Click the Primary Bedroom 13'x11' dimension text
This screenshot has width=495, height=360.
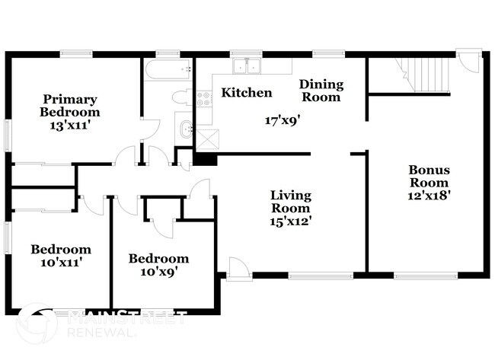point(70,126)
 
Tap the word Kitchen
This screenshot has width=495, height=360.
point(247,92)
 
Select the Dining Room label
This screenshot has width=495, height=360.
point(321,91)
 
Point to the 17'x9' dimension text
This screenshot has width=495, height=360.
point(283,120)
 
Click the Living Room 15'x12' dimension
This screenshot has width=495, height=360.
point(291,221)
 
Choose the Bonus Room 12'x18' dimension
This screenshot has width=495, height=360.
point(429,196)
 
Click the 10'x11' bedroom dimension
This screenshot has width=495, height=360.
point(62,262)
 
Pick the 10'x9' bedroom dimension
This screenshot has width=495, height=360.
point(158,272)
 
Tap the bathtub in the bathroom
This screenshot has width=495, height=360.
point(168,69)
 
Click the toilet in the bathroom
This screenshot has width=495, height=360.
point(183,97)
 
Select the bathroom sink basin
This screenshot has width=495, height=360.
point(186,129)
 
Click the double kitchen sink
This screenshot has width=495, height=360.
point(247,66)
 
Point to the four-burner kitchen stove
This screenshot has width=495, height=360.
point(204,98)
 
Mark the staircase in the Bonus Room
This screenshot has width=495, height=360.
point(425,75)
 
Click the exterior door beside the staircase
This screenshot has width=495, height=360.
point(470,61)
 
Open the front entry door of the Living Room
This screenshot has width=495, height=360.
point(239,269)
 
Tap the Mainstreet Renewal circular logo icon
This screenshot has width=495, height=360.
point(37,324)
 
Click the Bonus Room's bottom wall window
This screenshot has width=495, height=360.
point(426,276)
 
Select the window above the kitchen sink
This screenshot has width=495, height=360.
point(246,54)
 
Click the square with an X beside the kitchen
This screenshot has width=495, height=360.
point(207,139)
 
